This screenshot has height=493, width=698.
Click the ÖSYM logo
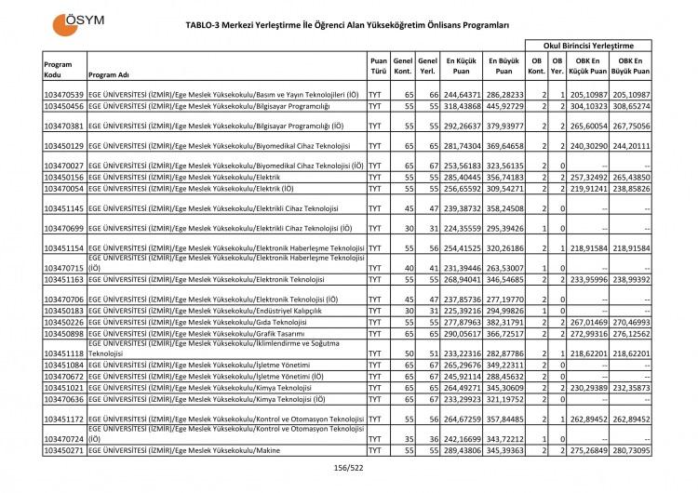coord(82,20)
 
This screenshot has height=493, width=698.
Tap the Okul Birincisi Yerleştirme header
coord(588,45)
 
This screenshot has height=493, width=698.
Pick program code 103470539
coord(64,96)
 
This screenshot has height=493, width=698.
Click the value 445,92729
coord(504,107)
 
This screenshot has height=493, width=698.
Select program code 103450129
coord(64,146)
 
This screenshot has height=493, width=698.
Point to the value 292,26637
coord(462,126)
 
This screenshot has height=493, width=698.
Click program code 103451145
coord(64,207)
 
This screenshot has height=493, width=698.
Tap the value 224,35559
coord(462,228)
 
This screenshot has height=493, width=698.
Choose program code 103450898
coord(64,332)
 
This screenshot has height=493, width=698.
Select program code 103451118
coord(64,353)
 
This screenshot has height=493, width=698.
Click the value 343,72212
coord(504,437)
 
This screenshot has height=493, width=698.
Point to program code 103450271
coord(64,449)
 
